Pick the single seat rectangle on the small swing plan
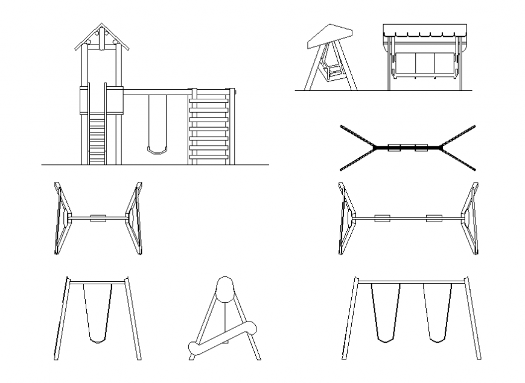98,219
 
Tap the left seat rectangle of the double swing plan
381,218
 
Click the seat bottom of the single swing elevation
98,340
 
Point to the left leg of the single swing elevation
62,319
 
